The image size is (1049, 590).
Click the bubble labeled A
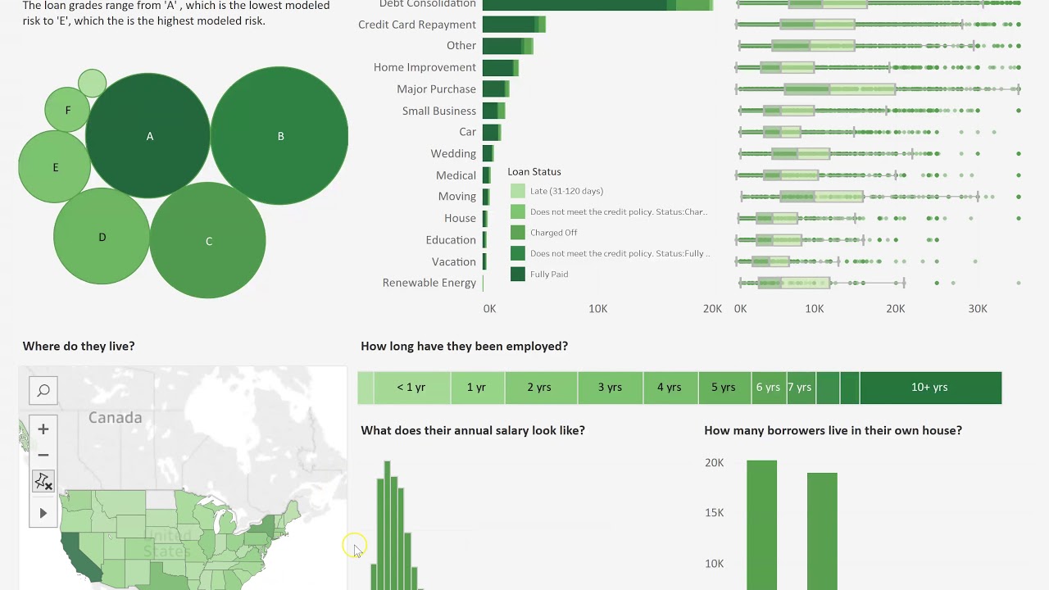pyautogui.click(x=148, y=136)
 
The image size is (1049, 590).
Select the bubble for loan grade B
pyautogui.click(x=279, y=136)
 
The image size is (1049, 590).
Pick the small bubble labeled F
pyautogui.click(x=67, y=110)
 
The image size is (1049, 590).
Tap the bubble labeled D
pyautogui.click(x=102, y=237)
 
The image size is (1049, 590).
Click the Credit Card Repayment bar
pyautogui.click(x=513, y=25)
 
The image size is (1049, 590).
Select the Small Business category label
pyautogui.click(x=438, y=111)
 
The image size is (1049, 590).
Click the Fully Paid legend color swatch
pyautogui.click(x=517, y=275)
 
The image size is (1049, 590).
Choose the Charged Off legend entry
pyautogui.click(x=554, y=233)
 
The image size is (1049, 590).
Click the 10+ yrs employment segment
pyautogui.click(x=929, y=388)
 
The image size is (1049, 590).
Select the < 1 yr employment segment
pyautogui.click(x=411, y=388)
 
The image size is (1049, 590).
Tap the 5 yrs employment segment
pyautogui.click(x=723, y=388)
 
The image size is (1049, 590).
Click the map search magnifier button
pyautogui.click(x=43, y=391)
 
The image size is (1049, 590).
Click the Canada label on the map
pyautogui.click(x=115, y=418)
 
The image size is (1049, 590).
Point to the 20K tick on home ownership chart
pyautogui.click(x=714, y=463)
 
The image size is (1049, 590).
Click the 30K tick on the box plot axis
pyautogui.click(x=977, y=309)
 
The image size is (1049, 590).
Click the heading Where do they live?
pyautogui.click(x=79, y=347)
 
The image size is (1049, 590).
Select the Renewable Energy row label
pyautogui.click(x=429, y=283)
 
